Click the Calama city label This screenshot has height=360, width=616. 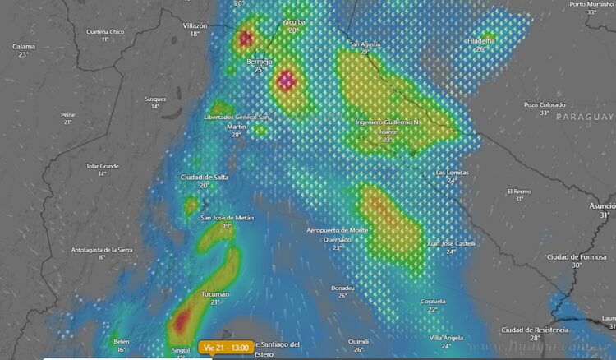(24, 47)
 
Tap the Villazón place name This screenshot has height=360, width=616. (195, 25)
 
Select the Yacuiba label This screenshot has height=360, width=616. (293, 21)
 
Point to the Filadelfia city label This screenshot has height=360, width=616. (480, 40)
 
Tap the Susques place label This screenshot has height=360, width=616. (154, 99)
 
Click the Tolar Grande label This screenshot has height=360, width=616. (103, 166)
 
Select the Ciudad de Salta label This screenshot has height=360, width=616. (205, 178)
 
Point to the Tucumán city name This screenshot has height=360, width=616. (214, 294)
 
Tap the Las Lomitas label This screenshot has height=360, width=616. (452, 173)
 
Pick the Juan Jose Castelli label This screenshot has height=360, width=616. (451, 244)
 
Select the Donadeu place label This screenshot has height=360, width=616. (342, 288)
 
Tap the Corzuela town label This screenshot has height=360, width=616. (433, 302)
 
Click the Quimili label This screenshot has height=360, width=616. (358, 341)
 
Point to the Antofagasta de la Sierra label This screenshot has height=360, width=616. (101, 249)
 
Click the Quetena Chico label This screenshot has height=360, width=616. (104, 32)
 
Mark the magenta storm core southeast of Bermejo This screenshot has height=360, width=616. (287, 81)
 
